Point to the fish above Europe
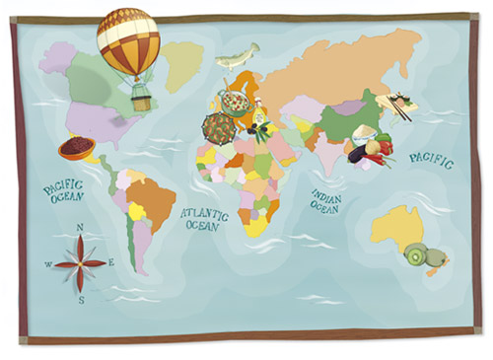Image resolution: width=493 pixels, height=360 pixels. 238,56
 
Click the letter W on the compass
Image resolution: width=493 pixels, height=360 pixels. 47,264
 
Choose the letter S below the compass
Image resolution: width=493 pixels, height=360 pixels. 81,299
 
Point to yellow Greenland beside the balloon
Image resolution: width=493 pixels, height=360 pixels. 184,61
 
